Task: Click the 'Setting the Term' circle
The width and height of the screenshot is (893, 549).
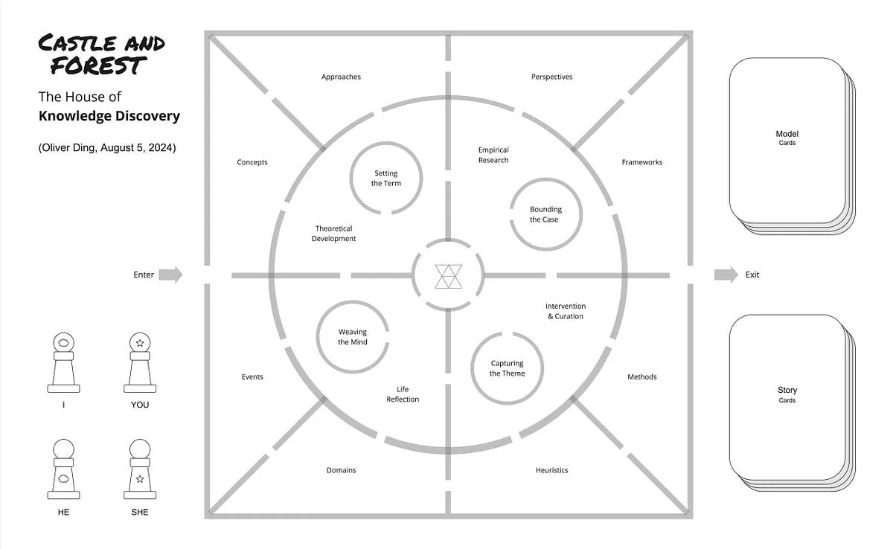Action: (386, 143)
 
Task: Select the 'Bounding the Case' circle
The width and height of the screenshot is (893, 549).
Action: (545, 179)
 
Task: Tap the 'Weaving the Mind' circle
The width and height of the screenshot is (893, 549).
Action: (353, 302)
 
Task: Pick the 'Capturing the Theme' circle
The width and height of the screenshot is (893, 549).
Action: (507, 403)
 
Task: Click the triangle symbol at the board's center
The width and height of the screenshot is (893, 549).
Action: (449, 276)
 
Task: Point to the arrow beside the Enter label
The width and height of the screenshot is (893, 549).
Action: (170, 274)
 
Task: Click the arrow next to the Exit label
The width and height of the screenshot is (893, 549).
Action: (726, 274)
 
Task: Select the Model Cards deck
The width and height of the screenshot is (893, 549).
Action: (792, 146)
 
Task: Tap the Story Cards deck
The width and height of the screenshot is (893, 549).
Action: (792, 402)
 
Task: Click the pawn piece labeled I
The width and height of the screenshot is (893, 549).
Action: (63, 362)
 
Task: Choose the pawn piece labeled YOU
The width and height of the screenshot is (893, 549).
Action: (140, 362)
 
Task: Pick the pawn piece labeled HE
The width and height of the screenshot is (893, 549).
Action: (63, 469)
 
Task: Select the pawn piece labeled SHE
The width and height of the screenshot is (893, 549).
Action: (140, 469)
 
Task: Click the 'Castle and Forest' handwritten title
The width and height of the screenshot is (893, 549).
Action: (101, 54)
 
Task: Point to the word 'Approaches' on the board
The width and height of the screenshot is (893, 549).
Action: (341, 77)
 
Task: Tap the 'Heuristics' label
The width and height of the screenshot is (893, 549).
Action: (551, 470)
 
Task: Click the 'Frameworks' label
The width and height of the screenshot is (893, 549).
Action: (641, 162)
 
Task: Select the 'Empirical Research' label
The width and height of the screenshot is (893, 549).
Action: (493, 155)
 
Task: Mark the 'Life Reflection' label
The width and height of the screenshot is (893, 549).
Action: (403, 394)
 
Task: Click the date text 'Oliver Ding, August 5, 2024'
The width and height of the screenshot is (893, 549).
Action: (107, 148)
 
